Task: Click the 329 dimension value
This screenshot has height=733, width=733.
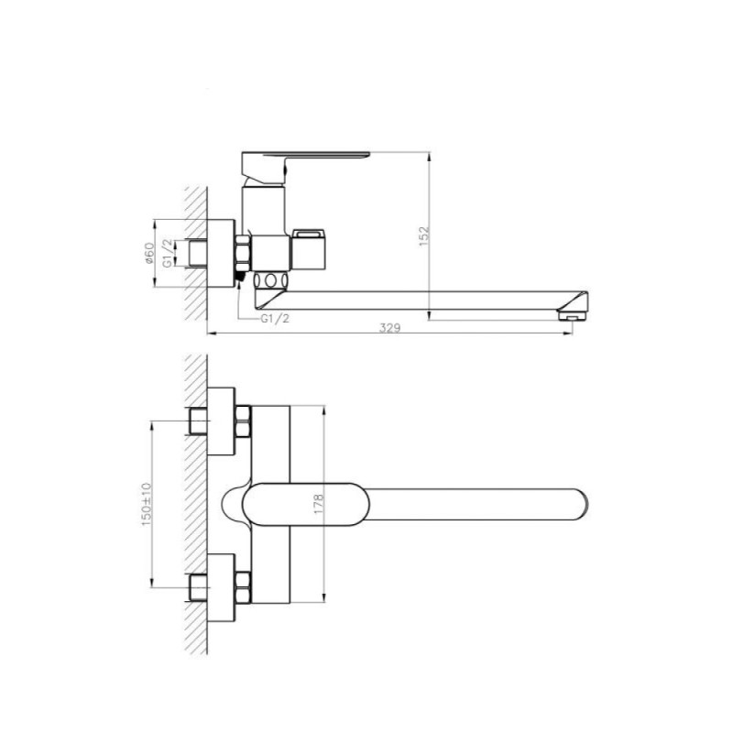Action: (389, 328)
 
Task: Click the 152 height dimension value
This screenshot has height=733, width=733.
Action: (423, 236)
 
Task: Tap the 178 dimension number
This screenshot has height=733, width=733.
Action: (319, 504)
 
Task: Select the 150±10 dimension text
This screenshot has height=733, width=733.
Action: (147, 504)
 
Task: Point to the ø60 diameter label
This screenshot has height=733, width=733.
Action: (148, 253)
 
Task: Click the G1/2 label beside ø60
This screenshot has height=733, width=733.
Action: (167, 253)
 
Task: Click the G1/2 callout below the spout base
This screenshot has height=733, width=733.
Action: (275, 318)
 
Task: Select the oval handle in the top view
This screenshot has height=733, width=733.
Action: (306, 505)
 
